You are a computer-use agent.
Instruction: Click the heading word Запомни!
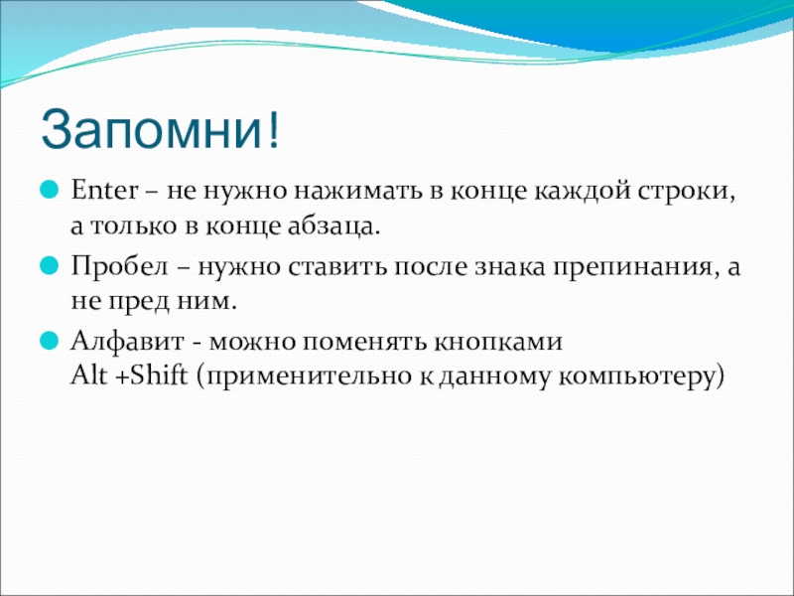[160, 129]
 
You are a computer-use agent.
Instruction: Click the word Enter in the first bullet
[104, 191]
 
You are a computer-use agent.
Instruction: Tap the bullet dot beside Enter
[50, 191]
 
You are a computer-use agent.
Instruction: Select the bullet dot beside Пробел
[50, 265]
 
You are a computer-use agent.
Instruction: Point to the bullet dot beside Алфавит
[50, 341]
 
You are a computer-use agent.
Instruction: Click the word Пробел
[119, 265]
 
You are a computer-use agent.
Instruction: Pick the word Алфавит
[127, 342]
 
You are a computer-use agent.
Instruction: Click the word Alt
[89, 375]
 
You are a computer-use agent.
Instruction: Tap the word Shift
[159, 375]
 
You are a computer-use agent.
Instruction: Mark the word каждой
[582, 192]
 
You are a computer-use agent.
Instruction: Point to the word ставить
[335, 266]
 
